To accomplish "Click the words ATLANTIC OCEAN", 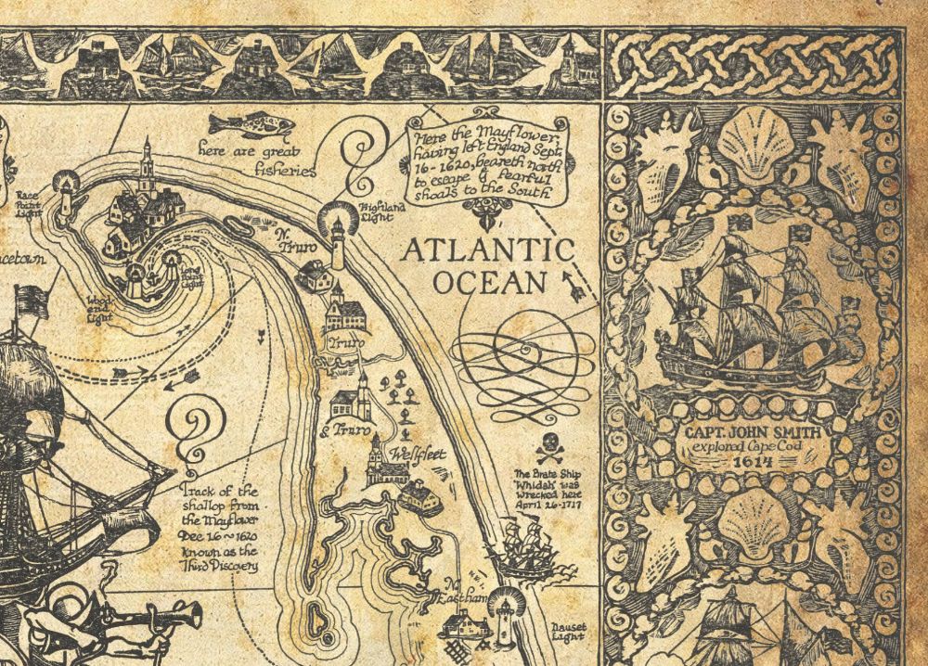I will [x=490, y=265].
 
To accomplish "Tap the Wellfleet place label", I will [x=418, y=455].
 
